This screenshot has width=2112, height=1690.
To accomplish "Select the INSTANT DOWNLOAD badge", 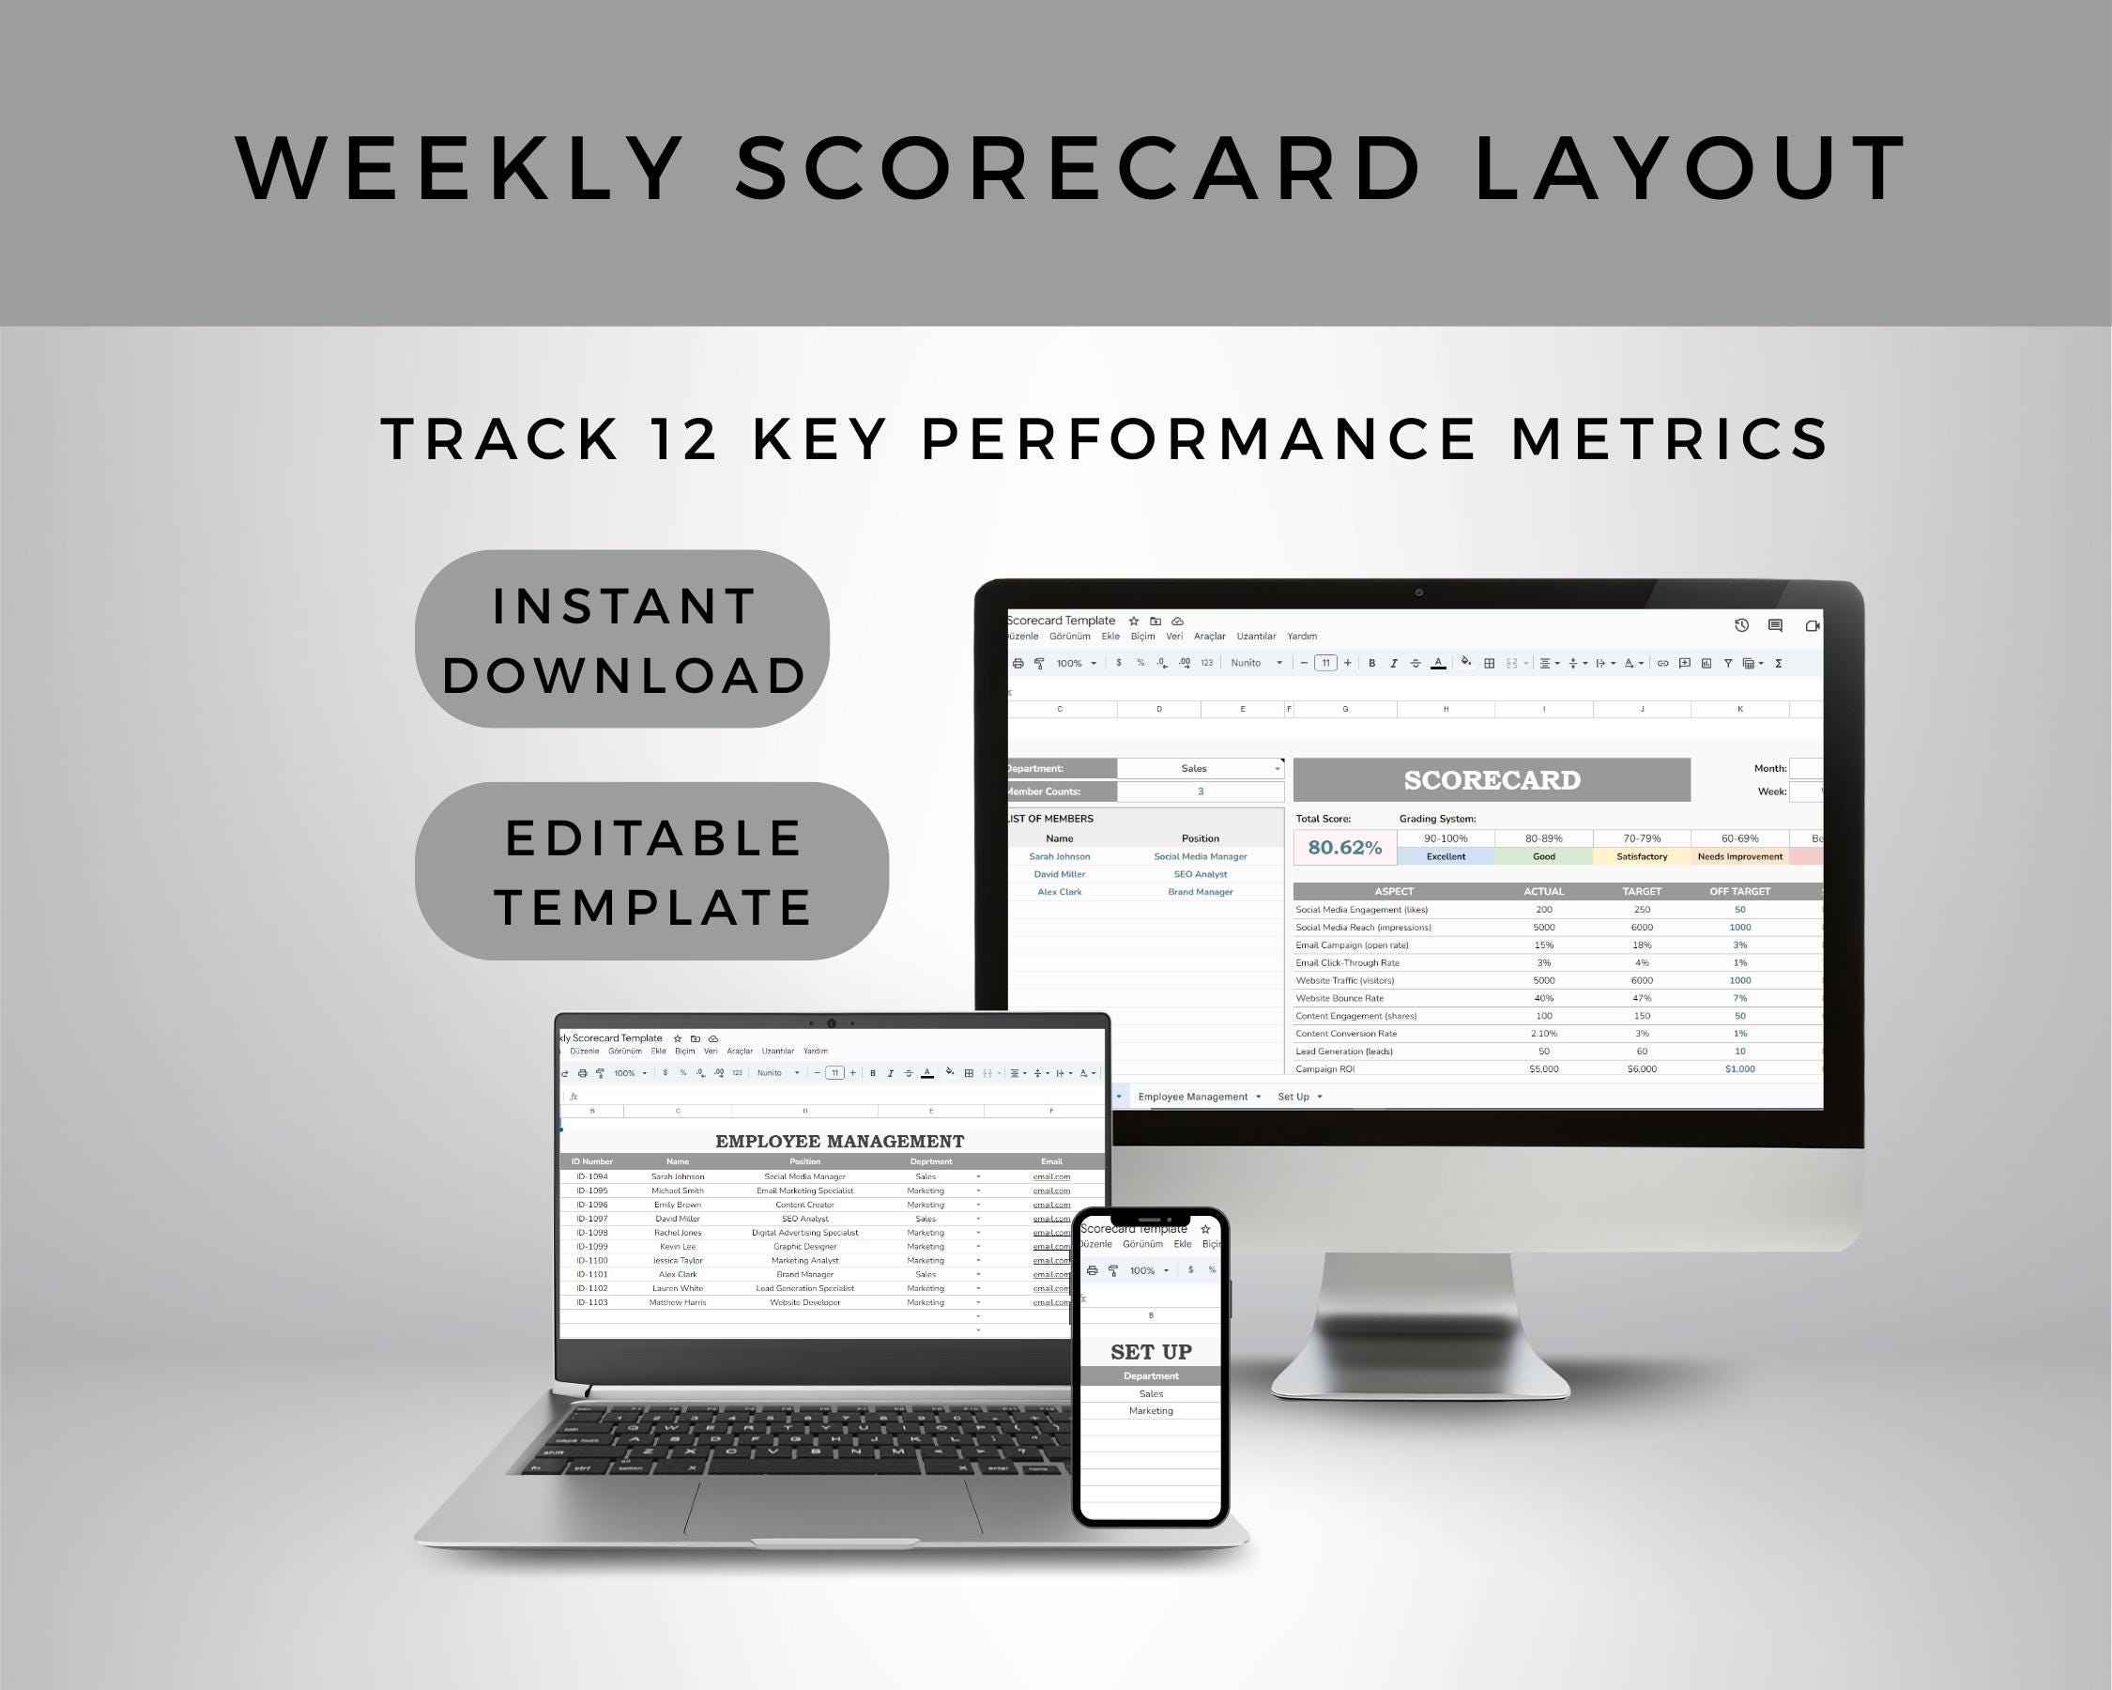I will (x=623, y=639).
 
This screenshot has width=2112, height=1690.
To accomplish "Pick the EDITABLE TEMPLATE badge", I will (x=651, y=871).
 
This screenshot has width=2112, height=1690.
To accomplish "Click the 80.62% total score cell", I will (x=1344, y=848).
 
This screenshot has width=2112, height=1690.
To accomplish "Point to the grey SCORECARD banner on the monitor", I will (x=1491, y=780).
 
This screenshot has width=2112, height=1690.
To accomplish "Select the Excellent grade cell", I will (x=1445, y=856).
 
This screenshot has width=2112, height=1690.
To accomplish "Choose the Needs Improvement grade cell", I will (x=1738, y=856).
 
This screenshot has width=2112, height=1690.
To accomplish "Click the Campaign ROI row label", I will (x=1324, y=1068).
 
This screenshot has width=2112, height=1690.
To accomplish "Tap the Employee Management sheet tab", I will (x=1192, y=1097).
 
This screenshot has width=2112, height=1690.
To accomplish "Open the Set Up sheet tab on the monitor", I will (x=1293, y=1097).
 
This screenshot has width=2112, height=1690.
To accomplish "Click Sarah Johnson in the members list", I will (x=1059, y=856).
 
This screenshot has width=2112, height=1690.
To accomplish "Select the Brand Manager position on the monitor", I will (x=1200, y=892).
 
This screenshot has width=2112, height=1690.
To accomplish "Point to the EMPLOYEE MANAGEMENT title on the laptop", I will (x=839, y=1142).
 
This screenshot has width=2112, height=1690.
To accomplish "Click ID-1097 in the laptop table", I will (x=591, y=1219).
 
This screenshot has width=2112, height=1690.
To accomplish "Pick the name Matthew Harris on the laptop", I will (x=677, y=1302).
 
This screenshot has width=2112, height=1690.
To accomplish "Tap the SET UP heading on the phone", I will (x=1151, y=1352).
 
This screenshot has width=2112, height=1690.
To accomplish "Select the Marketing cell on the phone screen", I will (x=1150, y=1411).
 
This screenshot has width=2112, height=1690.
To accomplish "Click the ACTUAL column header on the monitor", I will (x=1543, y=892).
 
